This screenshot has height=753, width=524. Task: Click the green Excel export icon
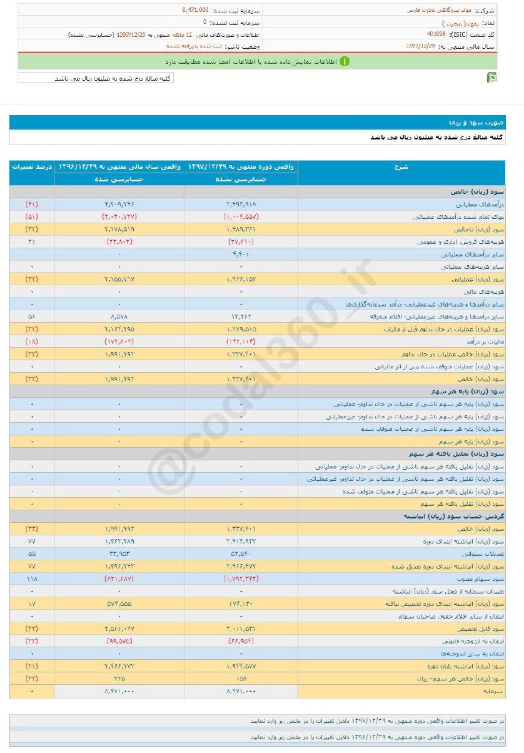492,77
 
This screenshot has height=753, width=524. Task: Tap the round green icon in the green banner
344,61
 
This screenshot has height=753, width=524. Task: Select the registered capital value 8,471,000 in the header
195,11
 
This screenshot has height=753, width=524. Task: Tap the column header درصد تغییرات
32,167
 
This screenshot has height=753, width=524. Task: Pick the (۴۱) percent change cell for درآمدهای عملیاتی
32,205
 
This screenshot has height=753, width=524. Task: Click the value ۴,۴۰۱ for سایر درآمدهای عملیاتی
241,254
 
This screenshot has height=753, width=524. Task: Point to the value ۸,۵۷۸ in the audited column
120,316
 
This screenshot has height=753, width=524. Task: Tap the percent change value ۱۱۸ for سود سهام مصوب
32,579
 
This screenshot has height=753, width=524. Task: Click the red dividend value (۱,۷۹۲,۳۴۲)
241,579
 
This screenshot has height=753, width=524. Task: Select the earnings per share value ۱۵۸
241,679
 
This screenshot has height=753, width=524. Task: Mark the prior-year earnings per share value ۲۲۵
120,679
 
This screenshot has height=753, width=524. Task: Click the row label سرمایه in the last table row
493,691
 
